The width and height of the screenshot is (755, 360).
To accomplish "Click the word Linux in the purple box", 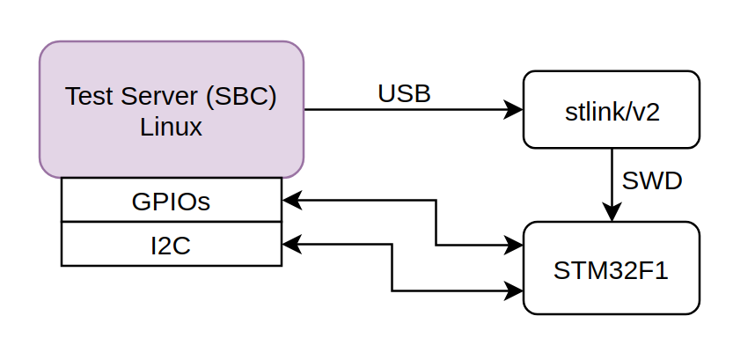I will (x=171, y=127).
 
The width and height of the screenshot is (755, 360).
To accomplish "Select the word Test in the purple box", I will (x=89, y=96).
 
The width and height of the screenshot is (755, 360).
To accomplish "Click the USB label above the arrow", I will (x=404, y=93).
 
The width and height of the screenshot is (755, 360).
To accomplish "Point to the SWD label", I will (x=652, y=180).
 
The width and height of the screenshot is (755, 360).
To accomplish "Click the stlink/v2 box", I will (x=612, y=109).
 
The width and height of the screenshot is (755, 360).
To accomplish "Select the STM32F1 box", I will (x=612, y=268).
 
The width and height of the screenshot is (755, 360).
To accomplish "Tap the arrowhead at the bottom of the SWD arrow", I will (x=612, y=213).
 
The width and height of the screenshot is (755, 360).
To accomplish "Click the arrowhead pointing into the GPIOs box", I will (x=291, y=201).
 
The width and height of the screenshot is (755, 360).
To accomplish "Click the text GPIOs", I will (x=171, y=202).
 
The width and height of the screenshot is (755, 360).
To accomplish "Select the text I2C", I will (x=171, y=246).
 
